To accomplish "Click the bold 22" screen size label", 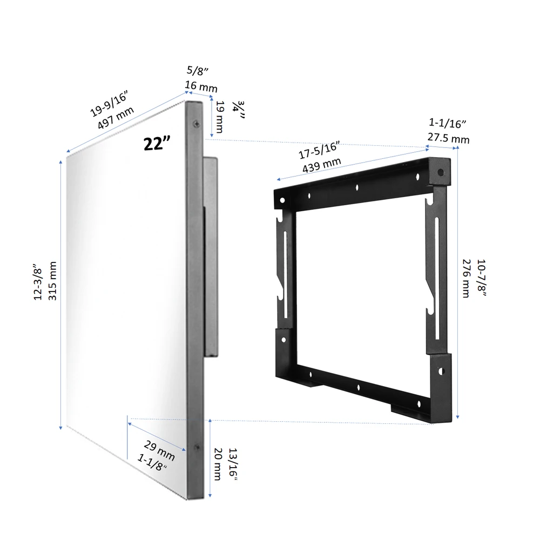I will pyautogui.click(x=157, y=143).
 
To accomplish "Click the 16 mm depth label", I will pyautogui.click(x=201, y=85).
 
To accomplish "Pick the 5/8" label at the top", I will pyautogui.click(x=197, y=70).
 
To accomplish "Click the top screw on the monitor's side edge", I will pyautogui.click(x=195, y=124).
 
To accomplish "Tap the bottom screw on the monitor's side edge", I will pyautogui.click(x=196, y=447).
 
